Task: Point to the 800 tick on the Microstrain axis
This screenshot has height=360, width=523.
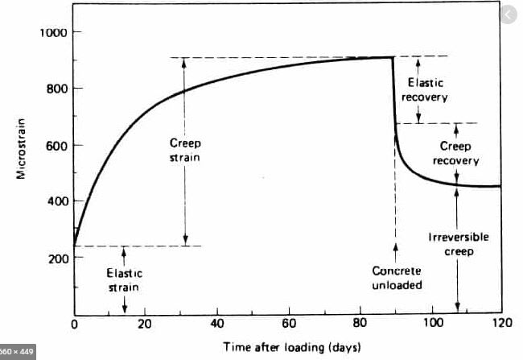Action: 53,89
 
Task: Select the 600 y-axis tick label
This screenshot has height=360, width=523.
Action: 53,145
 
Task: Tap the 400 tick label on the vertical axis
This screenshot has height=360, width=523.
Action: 53,201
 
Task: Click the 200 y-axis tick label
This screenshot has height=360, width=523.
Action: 53,258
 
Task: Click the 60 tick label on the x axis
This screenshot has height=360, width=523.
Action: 288,324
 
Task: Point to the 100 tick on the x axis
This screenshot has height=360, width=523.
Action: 432,324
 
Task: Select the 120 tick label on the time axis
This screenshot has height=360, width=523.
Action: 501,324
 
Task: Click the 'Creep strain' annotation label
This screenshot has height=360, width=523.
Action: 184,151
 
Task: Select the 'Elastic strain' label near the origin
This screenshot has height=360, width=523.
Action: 125,280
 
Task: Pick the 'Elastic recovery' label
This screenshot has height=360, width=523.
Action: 426,89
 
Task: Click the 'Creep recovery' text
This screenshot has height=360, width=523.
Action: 456,153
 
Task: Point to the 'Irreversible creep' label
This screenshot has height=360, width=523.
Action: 459,244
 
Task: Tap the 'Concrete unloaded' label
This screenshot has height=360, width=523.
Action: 396,278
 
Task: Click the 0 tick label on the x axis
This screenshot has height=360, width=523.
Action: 75,324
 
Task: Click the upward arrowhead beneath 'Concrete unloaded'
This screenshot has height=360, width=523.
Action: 395,255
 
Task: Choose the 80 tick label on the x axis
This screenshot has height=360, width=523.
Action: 360,324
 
